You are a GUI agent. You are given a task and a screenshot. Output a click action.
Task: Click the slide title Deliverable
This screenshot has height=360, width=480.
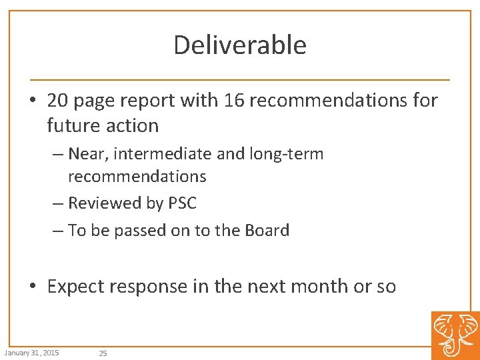pyautogui.click(x=240, y=45)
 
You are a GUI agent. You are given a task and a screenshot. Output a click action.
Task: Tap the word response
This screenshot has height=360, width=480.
pyautogui.click(x=150, y=287)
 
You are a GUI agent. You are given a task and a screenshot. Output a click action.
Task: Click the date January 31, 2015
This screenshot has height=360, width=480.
pyautogui.click(x=31, y=352)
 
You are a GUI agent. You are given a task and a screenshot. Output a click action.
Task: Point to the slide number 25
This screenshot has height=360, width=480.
pyautogui.click(x=103, y=353)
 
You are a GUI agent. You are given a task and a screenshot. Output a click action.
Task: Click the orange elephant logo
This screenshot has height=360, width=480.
pyautogui.click(x=455, y=335)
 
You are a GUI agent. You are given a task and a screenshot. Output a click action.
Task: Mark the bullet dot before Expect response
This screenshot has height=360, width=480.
pyautogui.click(x=33, y=287)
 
